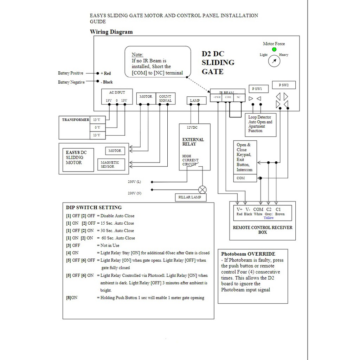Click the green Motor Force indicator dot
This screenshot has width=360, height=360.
coord(274,50)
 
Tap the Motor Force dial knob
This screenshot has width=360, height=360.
coord(274,62)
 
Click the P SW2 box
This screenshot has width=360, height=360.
coord(284,85)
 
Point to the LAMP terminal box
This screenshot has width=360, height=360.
coord(195,101)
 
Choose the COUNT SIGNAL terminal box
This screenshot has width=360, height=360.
coord(165,98)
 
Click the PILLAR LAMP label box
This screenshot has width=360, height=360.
coord(190,197)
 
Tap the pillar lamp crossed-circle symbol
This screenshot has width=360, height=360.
coord(202,190)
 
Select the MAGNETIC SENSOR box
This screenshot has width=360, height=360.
coord(111,164)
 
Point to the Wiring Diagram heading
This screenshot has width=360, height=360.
coord(111,32)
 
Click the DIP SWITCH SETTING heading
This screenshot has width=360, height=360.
coord(94,207)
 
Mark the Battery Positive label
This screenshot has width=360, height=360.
coord(71,73)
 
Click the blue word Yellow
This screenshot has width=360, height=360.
coord(269,218)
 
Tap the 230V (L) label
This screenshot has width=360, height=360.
coord(134,182)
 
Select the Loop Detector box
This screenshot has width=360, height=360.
coord(261,124)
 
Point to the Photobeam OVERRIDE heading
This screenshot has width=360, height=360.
coord(248,254)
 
